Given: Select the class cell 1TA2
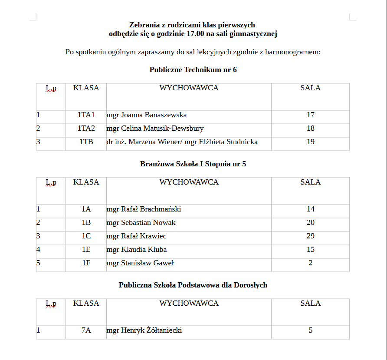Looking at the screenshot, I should click(x=86, y=129).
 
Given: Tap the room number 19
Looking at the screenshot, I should click(x=310, y=142).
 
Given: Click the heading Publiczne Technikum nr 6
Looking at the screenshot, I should click(x=193, y=70).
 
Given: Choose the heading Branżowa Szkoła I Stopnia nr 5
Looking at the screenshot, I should click(x=193, y=164).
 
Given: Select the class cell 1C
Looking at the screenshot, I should click(x=86, y=236).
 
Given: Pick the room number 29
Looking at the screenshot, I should click(x=310, y=236).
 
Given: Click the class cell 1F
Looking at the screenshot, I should click(x=86, y=263).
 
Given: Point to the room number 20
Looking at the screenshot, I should click(x=310, y=223).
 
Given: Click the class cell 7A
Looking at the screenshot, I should click(x=86, y=330).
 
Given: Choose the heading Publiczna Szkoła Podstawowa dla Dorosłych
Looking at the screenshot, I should click(x=193, y=285).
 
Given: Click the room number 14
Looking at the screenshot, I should click(x=310, y=209).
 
